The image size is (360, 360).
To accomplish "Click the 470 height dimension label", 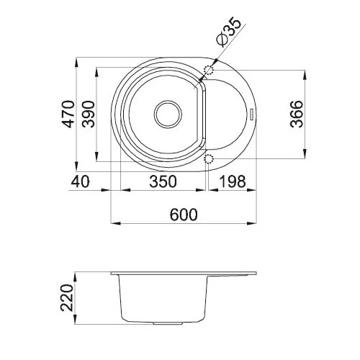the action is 68,114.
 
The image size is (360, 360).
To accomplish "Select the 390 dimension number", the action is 88,114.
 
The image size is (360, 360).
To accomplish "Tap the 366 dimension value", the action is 297,114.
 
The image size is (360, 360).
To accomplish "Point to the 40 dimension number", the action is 80,181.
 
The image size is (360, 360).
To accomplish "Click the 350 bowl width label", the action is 163,181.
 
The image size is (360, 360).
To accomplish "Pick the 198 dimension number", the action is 233,181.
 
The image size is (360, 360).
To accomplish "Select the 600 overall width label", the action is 184,215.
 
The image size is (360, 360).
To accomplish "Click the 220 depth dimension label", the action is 66,297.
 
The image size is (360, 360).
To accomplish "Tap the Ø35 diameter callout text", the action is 228,32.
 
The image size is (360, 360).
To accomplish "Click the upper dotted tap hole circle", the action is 208,70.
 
